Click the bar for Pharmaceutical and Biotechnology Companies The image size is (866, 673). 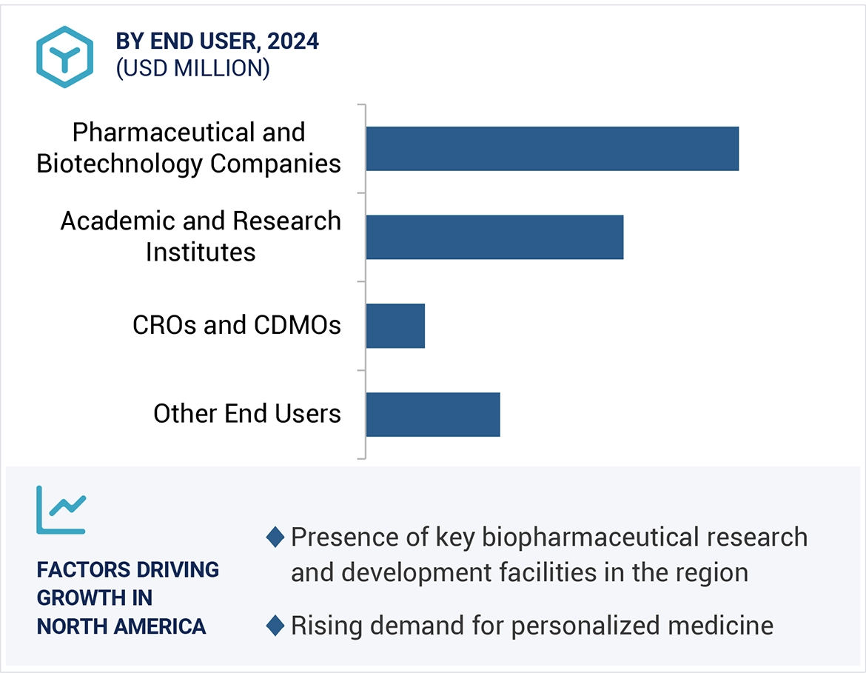pyautogui.click(x=551, y=149)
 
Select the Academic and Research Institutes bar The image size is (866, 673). pyautogui.click(x=494, y=237)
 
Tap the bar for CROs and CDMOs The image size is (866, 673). pyautogui.click(x=395, y=326)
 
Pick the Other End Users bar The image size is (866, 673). pyautogui.click(x=433, y=415)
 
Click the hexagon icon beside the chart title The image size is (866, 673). pyautogui.click(x=65, y=57)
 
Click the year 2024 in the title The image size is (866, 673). pyautogui.click(x=293, y=41)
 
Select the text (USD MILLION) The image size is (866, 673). pyautogui.click(x=192, y=68)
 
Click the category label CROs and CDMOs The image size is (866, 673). pyautogui.click(x=237, y=325)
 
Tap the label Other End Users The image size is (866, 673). pyautogui.click(x=247, y=413)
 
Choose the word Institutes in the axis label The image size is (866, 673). pyautogui.click(x=201, y=252)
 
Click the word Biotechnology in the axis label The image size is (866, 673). pyautogui.click(x=120, y=163)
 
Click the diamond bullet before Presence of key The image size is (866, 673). pyautogui.click(x=275, y=538)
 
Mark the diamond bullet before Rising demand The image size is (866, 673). pyautogui.click(x=275, y=626)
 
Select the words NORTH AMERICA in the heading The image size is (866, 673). pyautogui.click(x=121, y=626)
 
